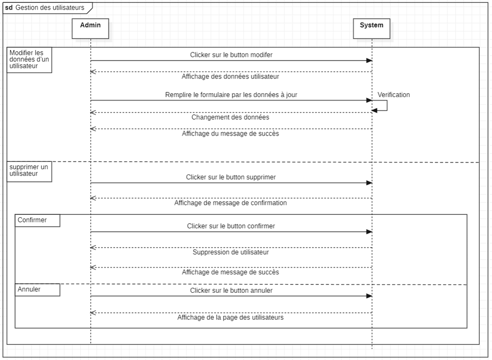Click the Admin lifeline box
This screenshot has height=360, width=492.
90,28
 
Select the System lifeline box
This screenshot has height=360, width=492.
371,28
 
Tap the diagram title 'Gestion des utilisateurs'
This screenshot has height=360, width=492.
50,8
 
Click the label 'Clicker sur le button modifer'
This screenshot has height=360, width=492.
231,55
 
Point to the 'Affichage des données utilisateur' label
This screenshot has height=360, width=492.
230,76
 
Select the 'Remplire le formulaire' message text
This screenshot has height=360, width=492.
231,95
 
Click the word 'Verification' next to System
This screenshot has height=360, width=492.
394,95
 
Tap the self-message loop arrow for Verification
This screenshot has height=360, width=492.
387,105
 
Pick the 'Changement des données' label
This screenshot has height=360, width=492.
230,117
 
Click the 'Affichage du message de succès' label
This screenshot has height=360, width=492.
230,134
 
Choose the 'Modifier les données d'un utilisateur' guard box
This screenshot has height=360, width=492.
29,60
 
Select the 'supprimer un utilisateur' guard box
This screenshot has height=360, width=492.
29,172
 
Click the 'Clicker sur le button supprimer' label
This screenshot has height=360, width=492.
231,177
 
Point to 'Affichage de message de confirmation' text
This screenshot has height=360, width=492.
231,203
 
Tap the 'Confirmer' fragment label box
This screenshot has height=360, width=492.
37,220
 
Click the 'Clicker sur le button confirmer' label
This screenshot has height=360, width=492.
231,226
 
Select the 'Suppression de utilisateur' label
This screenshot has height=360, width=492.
231,252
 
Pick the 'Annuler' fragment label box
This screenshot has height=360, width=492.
37,290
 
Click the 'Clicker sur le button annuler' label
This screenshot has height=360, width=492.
231,291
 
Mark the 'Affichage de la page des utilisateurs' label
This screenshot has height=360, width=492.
230,318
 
